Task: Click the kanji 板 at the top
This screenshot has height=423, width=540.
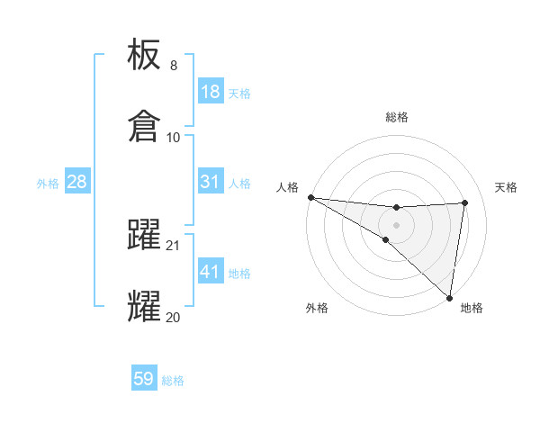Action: (145, 55)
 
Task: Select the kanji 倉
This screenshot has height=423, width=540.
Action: (145, 126)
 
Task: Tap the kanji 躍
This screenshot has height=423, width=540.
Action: (145, 234)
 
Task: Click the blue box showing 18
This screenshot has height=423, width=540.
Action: (210, 92)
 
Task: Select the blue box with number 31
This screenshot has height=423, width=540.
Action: (210, 182)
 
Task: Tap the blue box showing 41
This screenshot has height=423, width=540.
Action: (210, 272)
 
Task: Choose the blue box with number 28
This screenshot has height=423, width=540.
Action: (76, 182)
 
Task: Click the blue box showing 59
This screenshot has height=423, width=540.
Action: (144, 379)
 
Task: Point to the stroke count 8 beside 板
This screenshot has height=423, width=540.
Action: (174, 66)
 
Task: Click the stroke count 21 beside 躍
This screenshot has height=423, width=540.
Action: (174, 245)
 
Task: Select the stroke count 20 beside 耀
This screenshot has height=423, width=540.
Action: (173, 317)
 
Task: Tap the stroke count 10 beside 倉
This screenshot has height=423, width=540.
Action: (174, 137)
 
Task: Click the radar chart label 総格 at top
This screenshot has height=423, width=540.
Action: (397, 117)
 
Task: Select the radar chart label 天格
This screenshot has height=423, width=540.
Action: (506, 187)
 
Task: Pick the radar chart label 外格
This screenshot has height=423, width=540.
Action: (317, 308)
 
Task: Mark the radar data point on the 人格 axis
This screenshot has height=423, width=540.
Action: (310, 196)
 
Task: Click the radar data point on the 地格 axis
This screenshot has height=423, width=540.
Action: (450, 298)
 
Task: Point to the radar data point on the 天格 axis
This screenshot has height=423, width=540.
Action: (464, 202)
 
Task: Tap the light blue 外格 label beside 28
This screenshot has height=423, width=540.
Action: (48, 183)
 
